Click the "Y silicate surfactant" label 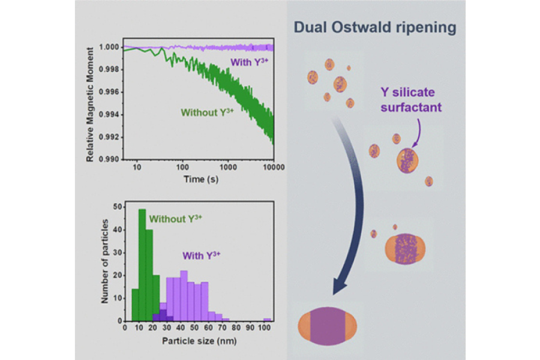[407, 100]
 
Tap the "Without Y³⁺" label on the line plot [208, 112]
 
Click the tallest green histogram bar [142, 265]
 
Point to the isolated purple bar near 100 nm [267, 320]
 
